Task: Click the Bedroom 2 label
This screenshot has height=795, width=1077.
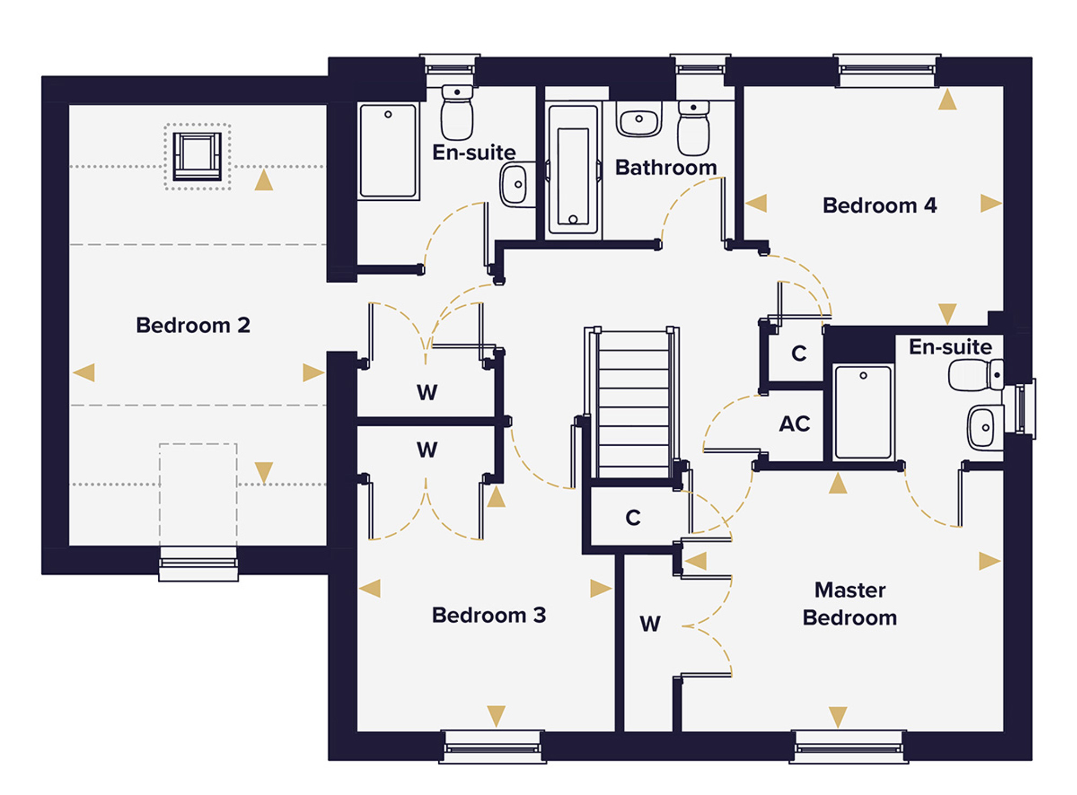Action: click(x=193, y=325)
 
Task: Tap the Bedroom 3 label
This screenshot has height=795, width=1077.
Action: click(x=489, y=615)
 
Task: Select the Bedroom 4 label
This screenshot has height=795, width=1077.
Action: click(x=879, y=205)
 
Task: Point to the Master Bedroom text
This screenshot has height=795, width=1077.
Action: click(x=850, y=603)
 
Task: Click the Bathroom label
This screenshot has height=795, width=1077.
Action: click(x=666, y=167)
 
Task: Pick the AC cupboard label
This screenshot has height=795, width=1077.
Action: click(x=794, y=424)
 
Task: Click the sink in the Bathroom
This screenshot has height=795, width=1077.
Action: click(x=639, y=120)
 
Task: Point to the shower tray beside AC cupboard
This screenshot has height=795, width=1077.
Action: click(x=863, y=412)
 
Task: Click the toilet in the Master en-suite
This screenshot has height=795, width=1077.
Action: click(x=975, y=375)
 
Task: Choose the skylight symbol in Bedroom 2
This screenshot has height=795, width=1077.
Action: click(x=197, y=156)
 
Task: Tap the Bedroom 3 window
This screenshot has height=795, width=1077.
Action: click(x=493, y=747)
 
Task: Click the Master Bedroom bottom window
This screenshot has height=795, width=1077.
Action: click(x=849, y=747)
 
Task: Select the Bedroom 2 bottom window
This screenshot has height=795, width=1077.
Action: click(x=198, y=564)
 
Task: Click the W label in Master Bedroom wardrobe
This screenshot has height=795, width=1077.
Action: click(x=650, y=624)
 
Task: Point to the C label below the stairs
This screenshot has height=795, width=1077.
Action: click(x=633, y=518)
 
